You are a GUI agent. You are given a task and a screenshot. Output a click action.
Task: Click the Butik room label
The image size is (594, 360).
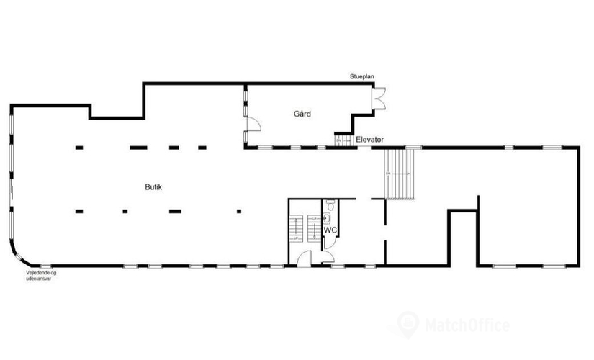pyautogui.click(x=151, y=187)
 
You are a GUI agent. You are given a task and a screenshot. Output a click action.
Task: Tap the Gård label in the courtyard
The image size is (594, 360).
pyautogui.click(x=302, y=114)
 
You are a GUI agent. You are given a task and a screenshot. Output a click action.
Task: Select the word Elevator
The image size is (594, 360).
pyautogui.click(x=369, y=140)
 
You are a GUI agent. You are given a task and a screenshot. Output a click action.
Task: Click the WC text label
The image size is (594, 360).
pyautogui.click(x=331, y=230)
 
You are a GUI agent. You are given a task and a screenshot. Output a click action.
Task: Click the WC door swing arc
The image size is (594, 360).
pyautogui.click(x=328, y=242)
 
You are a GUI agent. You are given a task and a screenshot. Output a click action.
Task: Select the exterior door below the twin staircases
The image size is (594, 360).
pyautogui.click(x=305, y=259)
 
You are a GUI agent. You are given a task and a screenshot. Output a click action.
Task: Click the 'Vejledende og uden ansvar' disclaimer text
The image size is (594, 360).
pyautogui.click(x=40, y=275)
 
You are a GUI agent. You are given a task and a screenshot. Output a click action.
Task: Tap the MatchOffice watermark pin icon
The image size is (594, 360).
pyautogui.click(x=408, y=323)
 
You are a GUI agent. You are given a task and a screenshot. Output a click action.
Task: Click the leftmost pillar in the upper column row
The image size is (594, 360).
pyautogui.click(x=78, y=148)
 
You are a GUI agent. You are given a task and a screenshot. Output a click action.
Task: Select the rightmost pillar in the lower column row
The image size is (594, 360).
pyautogui.click(x=240, y=211)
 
